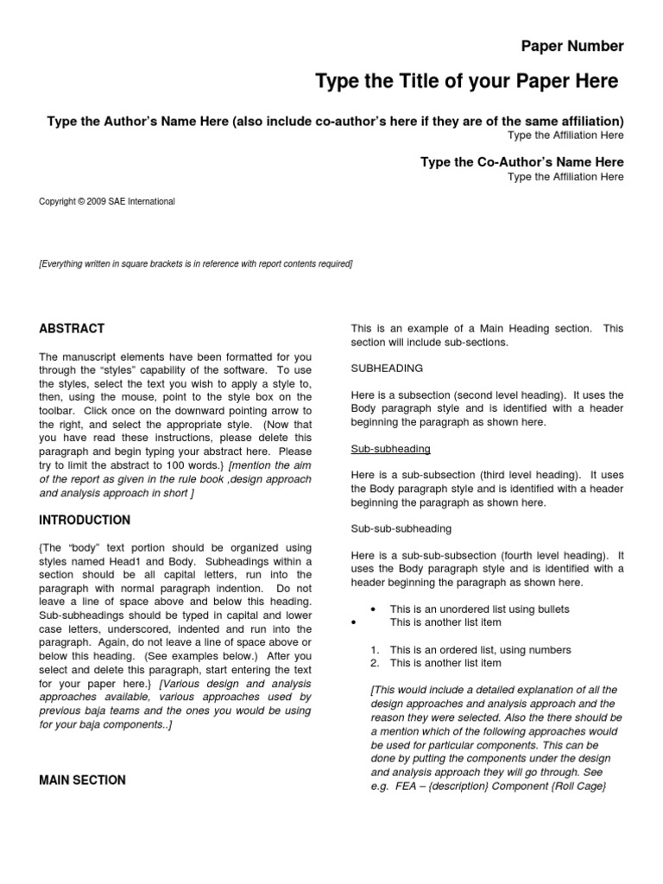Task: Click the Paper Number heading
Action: click(571, 47)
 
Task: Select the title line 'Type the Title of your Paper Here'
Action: click(467, 82)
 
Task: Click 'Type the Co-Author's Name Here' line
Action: click(521, 162)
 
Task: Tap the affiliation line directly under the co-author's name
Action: click(565, 178)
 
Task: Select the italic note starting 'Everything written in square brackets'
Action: click(196, 264)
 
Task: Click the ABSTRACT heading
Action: click(73, 329)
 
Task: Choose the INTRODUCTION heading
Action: click(85, 521)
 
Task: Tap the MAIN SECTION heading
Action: click(83, 780)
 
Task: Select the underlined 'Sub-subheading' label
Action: click(391, 449)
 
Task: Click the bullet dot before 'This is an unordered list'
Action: click(372, 609)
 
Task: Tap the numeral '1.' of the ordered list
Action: click(375, 650)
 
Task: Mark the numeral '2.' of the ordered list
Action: click(375, 663)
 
